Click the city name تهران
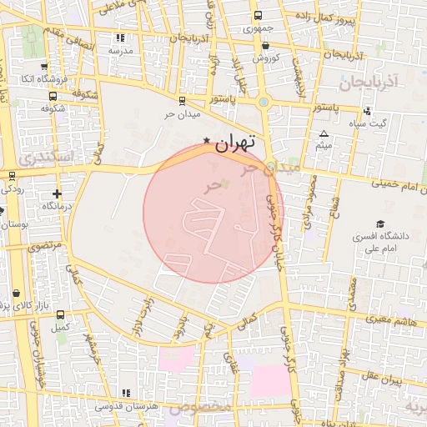tap(234, 143)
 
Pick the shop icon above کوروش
tap(265, 46)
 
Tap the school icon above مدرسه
tap(120, 38)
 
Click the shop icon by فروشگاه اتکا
tap(43, 66)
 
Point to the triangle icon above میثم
tap(324, 133)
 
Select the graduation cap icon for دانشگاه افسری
tap(381, 224)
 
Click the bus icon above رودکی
tap(12, 176)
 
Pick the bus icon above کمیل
tap(60, 314)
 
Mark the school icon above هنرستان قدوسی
tap(126, 393)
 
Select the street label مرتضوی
tap(45, 246)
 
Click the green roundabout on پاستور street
tap(264, 102)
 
